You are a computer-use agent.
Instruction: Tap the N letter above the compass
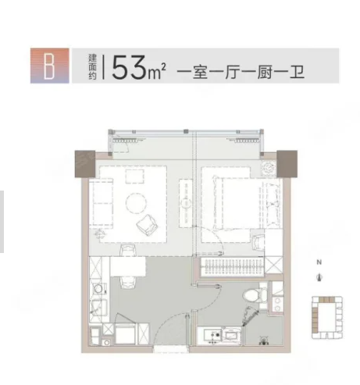pos(319,263)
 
